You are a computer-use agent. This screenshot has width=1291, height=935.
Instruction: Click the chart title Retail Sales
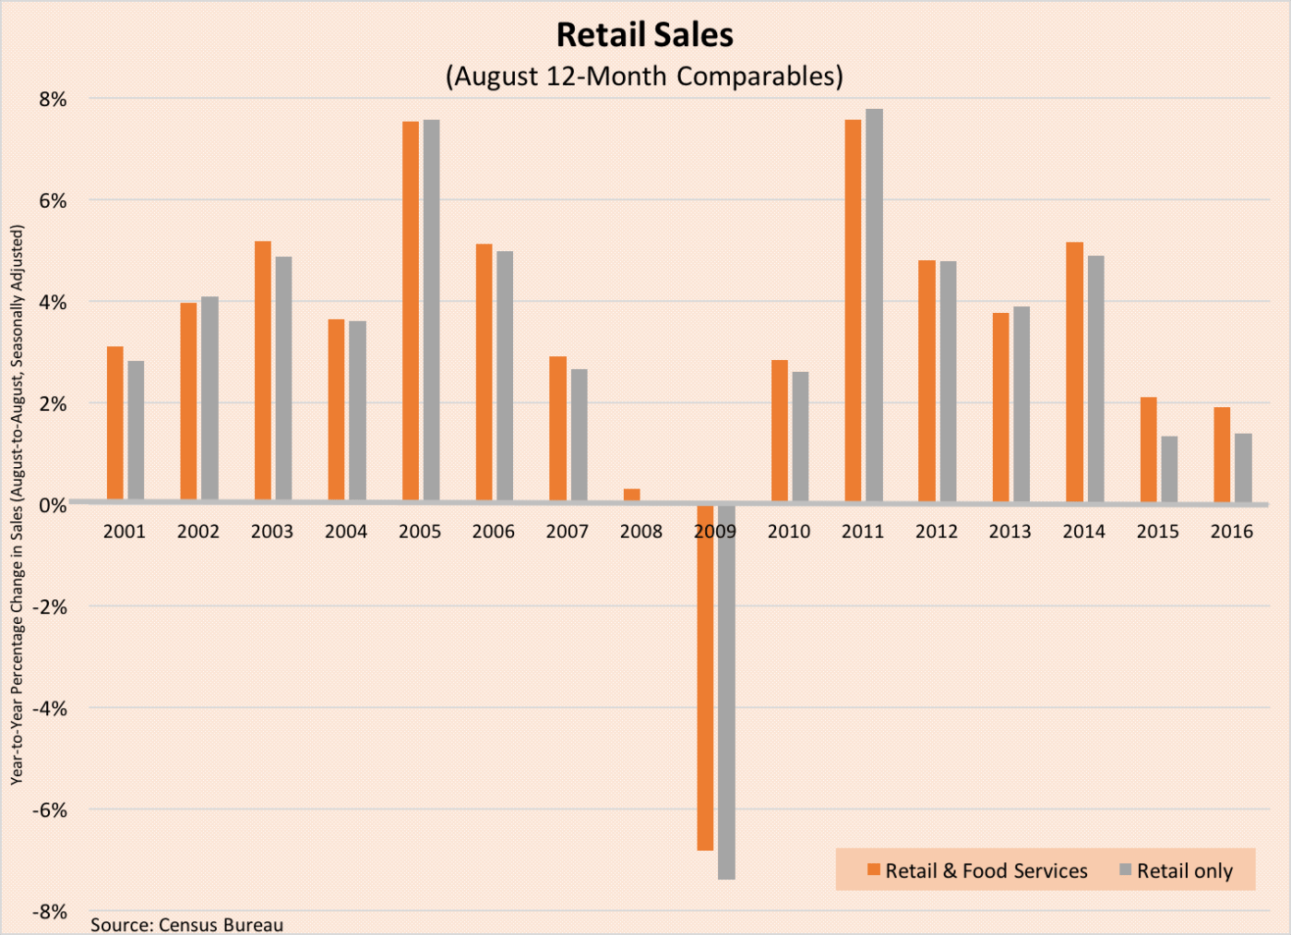tap(644, 35)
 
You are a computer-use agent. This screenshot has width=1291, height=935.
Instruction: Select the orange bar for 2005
tap(411, 311)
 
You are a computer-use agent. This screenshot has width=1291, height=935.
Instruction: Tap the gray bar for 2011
tap(874, 305)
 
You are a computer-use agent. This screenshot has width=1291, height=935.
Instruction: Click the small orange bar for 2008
tap(632, 495)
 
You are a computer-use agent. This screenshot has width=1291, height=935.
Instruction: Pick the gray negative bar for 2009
tap(726, 691)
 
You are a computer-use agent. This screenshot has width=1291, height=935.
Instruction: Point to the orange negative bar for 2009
tap(705, 677)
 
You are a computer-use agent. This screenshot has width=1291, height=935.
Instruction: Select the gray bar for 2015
tap(1169, 469)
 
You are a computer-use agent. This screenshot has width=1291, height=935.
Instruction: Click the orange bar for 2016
tap(1222, 455)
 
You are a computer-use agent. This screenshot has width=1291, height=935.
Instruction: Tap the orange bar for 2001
tap(115, 424)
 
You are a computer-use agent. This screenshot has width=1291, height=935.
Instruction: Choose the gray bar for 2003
tap(283, 378)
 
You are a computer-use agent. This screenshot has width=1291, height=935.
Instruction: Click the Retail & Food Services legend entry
tap(977, 870)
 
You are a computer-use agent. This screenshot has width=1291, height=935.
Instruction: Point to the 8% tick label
tap(53, 100)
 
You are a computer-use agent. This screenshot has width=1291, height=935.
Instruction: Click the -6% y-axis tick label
tap(50, 810)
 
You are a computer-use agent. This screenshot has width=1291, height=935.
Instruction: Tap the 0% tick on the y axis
tap(53, 506)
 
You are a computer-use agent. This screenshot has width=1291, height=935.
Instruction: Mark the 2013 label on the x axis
tap(1010, 532)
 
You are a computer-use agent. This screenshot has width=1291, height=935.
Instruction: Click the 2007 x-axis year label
tap(567, 532)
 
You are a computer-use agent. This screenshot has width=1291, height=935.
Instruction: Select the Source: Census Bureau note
tap(186, 924)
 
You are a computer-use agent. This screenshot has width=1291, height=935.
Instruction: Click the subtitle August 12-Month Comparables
tap(644, 76)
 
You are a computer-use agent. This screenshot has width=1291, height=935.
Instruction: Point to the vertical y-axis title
tap(17, 505)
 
